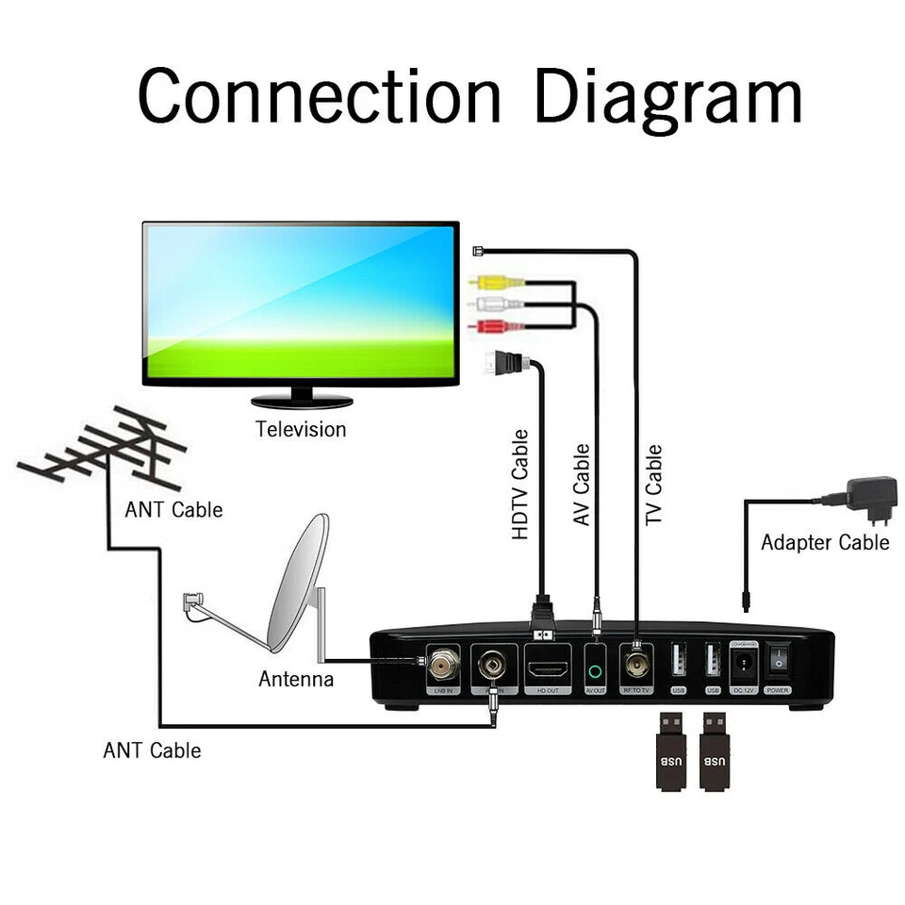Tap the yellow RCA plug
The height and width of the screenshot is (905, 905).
click(490, 281)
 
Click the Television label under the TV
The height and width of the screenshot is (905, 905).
click(301, 430)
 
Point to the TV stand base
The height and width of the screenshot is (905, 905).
click(302, 401)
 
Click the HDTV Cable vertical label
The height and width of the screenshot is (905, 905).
click(520, 485)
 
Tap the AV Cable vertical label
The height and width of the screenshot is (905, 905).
click(582, 485)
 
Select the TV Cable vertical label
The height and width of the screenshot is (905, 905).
click(652, 485)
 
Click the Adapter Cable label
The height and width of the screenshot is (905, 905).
click(825, 543)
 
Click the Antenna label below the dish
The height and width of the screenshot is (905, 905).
click(296, 679)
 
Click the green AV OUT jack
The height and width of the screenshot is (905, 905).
click(595, 672)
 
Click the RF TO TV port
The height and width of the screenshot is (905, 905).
click(636, 667)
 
